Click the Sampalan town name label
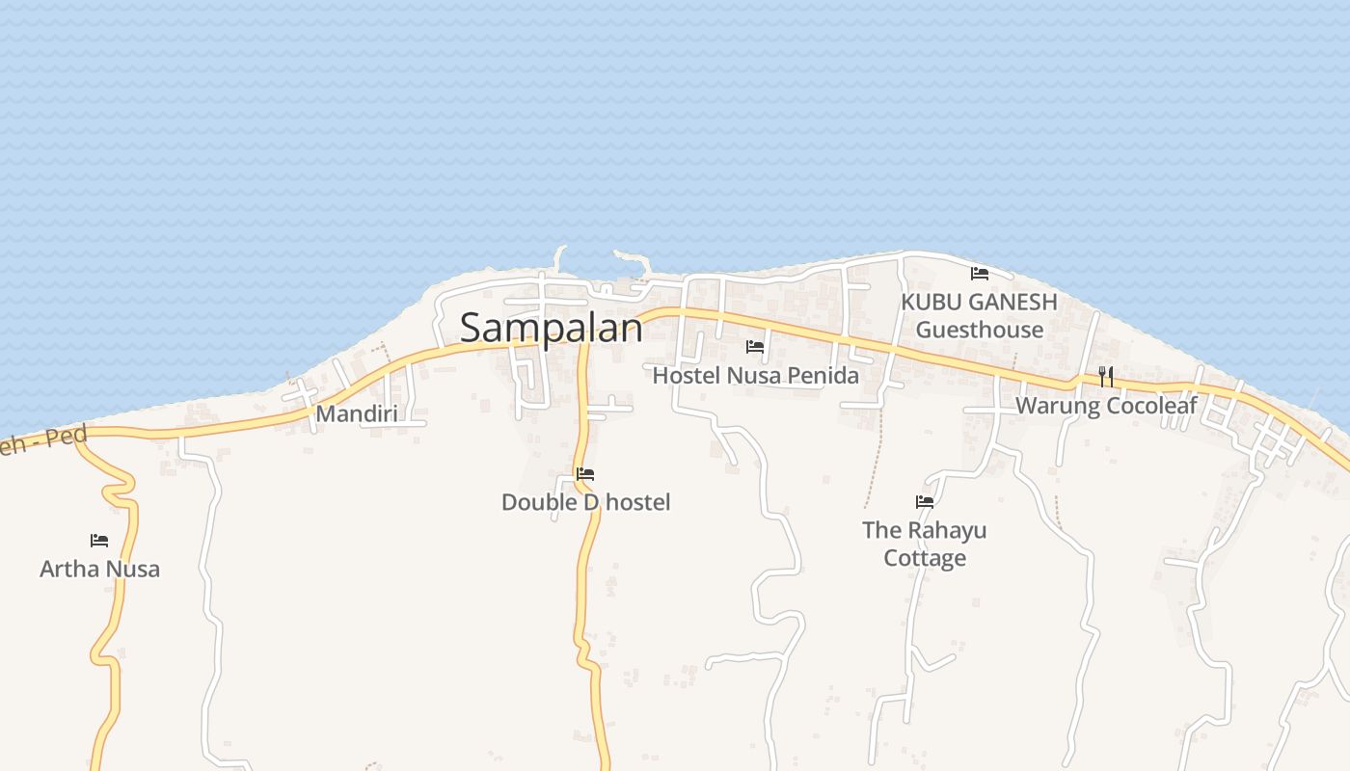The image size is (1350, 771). [x=551, y=329]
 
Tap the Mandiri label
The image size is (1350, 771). [x=356, y=414]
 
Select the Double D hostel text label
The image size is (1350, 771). [x=585, y=502]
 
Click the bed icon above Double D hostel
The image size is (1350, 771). [x=584, y=474]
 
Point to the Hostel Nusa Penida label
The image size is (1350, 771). [x=755, y=375]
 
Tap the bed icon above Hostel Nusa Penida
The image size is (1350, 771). [x=755, y=347]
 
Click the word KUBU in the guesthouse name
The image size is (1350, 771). [x=931, y=302]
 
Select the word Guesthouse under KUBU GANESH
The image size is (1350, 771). [x=979, y=330]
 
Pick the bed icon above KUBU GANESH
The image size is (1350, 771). [x=980, y=274]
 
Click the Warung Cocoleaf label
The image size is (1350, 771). [x=1105, y=406]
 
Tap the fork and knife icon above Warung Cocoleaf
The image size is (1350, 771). [x=1106, y=376]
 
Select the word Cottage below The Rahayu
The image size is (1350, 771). [x=925, y=558]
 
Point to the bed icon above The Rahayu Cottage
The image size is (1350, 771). [x=925, y=501]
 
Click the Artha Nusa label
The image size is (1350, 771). [x=99, y=569]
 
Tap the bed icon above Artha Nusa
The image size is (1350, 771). [x=98, y=541]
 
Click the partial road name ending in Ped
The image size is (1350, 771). [x=43, y=440]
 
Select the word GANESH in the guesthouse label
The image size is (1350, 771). [x=1012, y=302]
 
